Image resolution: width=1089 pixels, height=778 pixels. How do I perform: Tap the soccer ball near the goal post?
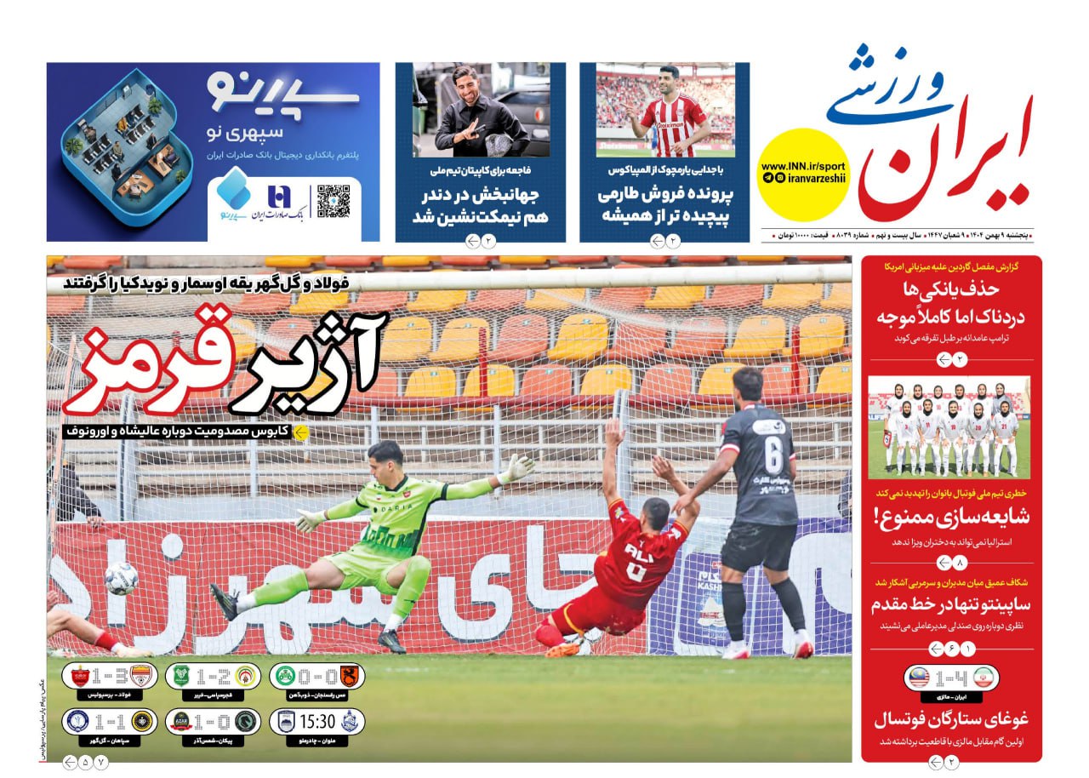121,577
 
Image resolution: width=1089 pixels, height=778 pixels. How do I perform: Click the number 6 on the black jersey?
771,455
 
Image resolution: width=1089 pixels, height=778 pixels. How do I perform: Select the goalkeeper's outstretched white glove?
516,468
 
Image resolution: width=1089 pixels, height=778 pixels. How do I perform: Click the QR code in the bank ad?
334,201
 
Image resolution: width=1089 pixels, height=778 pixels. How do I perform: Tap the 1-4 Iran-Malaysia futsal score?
950,678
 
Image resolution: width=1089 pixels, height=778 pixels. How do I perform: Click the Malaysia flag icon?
920,678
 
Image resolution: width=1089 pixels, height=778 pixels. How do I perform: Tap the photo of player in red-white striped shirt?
664,111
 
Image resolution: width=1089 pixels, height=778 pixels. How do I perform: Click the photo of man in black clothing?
481,111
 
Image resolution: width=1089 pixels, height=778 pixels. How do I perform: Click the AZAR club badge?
180,722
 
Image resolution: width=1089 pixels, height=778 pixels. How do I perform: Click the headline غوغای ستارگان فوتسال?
951,719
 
